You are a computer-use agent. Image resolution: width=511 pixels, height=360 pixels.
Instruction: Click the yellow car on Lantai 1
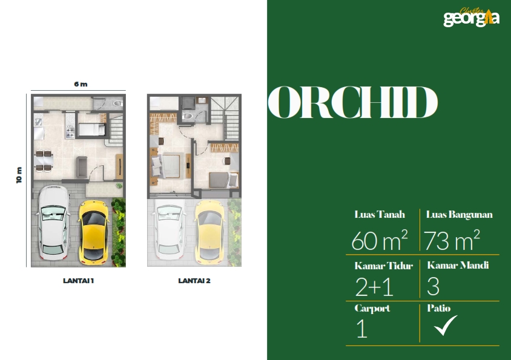click(x=93, y=232)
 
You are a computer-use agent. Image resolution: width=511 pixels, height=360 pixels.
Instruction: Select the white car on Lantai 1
click(x=53, y=223)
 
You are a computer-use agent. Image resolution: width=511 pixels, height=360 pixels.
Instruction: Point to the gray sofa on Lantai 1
click(x=82, y=167)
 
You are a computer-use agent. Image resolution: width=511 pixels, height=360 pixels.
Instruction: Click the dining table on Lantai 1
click(x=44, y=160)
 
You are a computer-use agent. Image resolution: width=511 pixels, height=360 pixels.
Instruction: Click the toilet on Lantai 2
click(x=188, y=116)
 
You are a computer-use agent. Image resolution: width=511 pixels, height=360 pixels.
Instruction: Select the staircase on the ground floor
click(x=116, y=129)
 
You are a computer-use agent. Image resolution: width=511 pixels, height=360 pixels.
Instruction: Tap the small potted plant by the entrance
click(x=119, y=186)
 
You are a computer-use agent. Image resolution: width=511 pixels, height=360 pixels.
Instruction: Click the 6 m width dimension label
click(x=81, y=84)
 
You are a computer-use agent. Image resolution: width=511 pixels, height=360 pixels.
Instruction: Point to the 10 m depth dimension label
click(x=19, y=175)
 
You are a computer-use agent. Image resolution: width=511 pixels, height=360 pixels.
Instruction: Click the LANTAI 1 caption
click(x=78, y=281)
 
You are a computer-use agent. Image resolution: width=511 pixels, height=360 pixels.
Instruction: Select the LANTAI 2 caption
click(x=194, y=281)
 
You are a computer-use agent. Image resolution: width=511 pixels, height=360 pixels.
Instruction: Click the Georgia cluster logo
click(x=471, y=17)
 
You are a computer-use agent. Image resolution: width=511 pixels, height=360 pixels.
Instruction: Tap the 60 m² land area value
click(x=380, y=240)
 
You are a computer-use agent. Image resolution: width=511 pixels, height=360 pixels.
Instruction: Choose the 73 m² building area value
click(x=452, y=240)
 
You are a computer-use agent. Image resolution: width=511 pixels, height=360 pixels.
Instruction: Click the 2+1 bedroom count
click(x=374, y=287)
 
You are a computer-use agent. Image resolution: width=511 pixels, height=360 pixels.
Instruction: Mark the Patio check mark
click(x=446, y=326)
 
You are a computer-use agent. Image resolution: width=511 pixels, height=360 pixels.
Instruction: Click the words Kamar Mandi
click(x=458, y=265)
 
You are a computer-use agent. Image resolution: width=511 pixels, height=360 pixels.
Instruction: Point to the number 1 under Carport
click(x=361, y=329)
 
